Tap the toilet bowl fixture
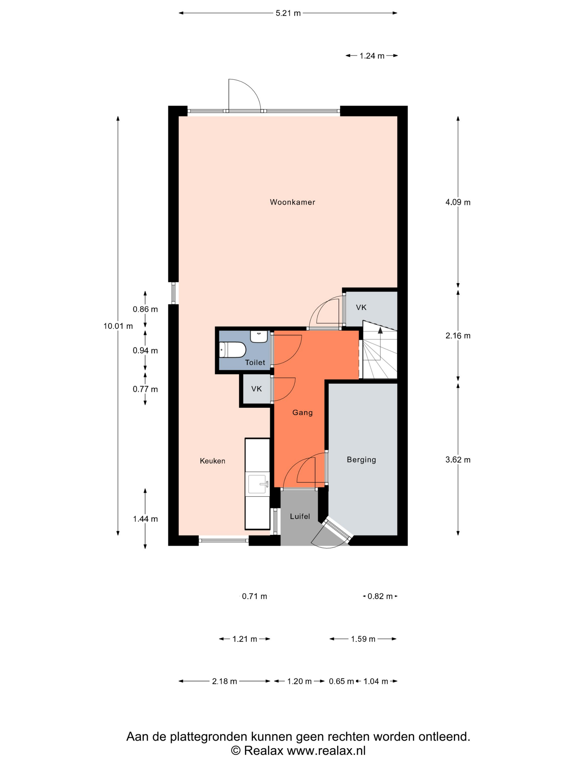[233, 350]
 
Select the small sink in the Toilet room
[259, 337]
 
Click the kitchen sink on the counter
[258, 484]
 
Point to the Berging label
[361, 460]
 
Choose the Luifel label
[300, 516]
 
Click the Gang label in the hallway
[302, 413]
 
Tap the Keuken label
[212, 461]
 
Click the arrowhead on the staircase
[380, 330]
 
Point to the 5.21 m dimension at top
[288, 13]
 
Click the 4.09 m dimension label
[458, 202]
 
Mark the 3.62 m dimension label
[458, 460]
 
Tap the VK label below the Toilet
[256, 389]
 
